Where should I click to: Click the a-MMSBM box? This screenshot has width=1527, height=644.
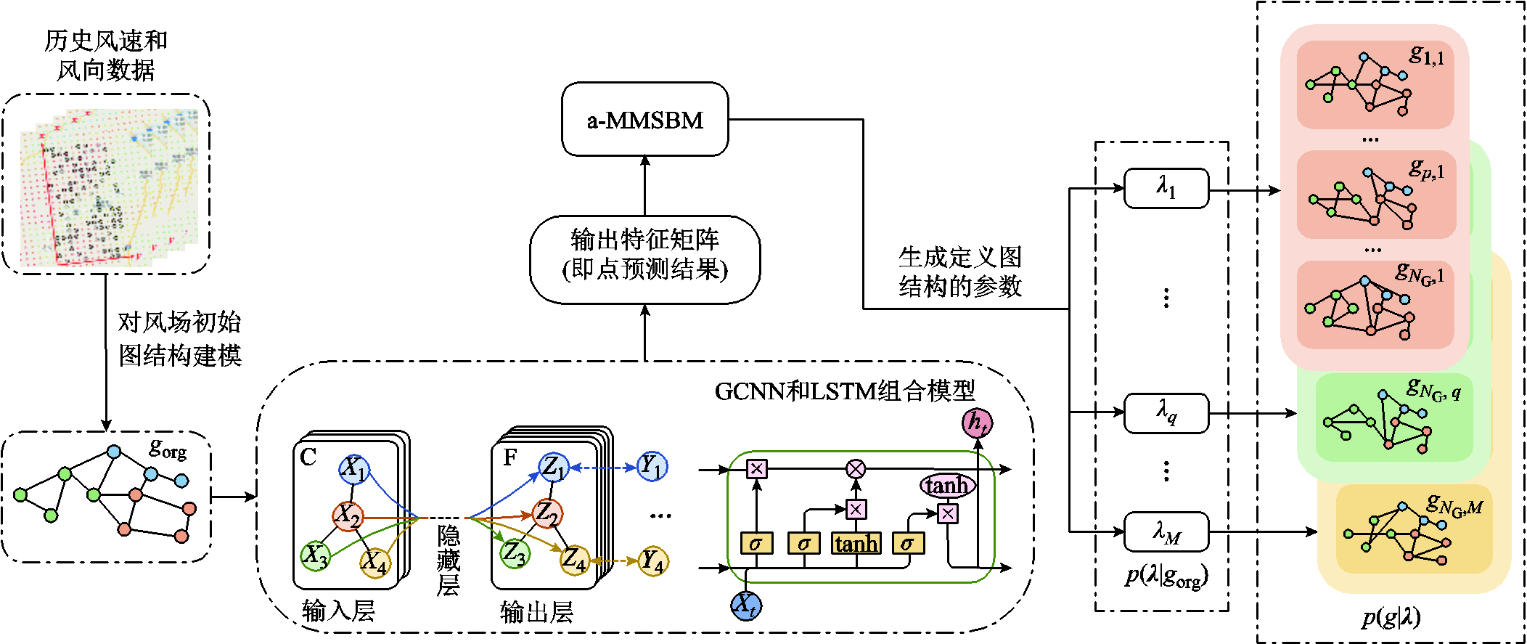644,119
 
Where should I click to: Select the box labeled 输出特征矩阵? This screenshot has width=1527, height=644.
644,258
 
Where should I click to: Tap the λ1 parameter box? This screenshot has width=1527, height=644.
1166,189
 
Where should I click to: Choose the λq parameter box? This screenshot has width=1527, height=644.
1166,413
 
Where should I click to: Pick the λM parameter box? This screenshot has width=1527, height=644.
1166,532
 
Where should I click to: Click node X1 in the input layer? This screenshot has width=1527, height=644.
354,468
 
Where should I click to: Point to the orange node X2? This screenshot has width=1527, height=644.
348,516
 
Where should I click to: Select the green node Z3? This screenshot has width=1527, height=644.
515,553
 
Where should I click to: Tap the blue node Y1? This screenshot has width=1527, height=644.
652,466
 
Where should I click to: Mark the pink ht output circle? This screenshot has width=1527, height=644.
977,423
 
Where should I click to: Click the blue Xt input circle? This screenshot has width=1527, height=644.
745,605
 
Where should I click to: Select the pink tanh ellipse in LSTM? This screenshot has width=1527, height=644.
947,485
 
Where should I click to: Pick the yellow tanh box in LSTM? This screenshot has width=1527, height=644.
856,543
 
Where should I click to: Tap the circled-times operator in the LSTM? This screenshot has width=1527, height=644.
856,469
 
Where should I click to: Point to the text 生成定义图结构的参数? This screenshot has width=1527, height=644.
959,272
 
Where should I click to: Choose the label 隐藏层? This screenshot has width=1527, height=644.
449,560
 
